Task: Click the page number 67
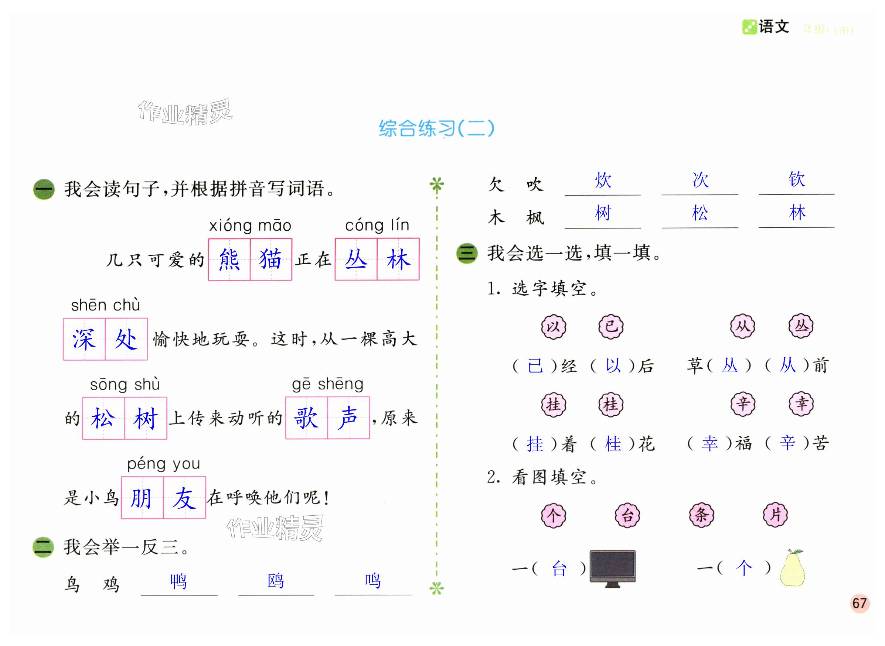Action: [859, 602]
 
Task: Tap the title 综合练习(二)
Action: [436, 128]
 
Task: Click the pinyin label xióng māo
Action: [250, 226]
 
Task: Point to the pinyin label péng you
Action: [164, 464]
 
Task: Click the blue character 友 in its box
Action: [184, 498]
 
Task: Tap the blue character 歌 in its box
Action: [306, 418]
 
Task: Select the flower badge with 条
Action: [701, 515]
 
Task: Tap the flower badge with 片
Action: [775, 515]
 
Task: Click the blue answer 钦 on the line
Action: [797, 179]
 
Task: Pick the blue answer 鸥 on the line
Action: [276, 581]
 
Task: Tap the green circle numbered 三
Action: [467, 253]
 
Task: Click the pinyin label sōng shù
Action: [125, 385]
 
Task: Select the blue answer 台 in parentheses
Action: [559, 568]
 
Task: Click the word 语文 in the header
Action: [773, 27]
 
